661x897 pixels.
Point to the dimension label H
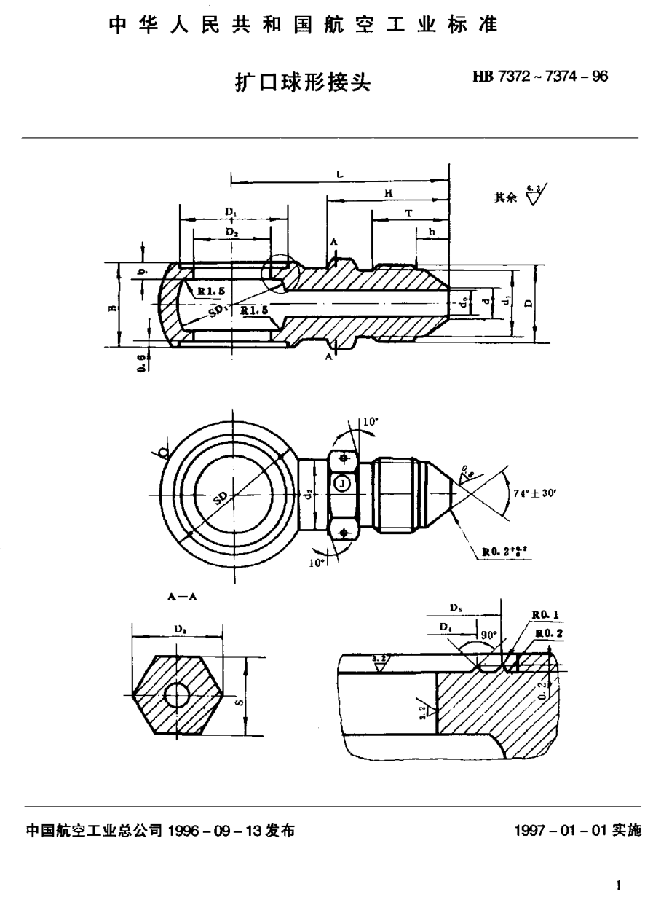pos(388,193)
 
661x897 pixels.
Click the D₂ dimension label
pos(231,232)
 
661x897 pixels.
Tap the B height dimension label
pos(111,307)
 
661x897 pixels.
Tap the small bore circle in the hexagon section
pos(176,696)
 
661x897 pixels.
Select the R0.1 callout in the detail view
pos(546,615)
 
